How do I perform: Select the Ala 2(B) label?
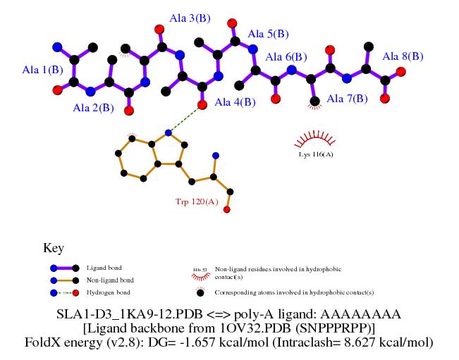[93, 108]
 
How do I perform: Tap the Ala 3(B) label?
[192, 18]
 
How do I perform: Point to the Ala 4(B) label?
[235, 103]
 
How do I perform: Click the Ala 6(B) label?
[286, 56]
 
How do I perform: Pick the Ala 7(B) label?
[348, 99]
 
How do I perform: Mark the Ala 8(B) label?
[403, 56]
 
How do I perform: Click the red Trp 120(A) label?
[197, 202]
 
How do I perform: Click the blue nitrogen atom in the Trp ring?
[168, 132]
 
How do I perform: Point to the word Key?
[54, 248]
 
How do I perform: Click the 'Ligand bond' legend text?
[104, 268]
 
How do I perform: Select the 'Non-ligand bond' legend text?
[109, 280]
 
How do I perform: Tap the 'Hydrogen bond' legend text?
[108, 292]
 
